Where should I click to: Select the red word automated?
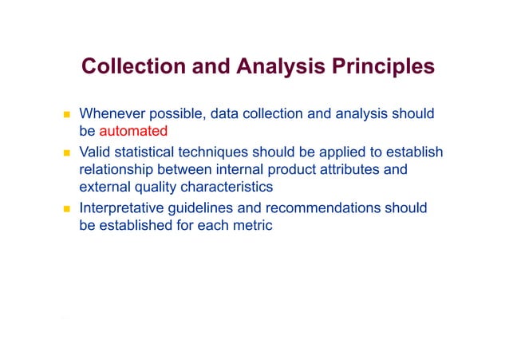133,131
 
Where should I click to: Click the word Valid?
96,152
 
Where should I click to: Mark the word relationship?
121,169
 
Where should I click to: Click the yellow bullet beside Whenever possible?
68,114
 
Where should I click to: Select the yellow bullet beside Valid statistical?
68,152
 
